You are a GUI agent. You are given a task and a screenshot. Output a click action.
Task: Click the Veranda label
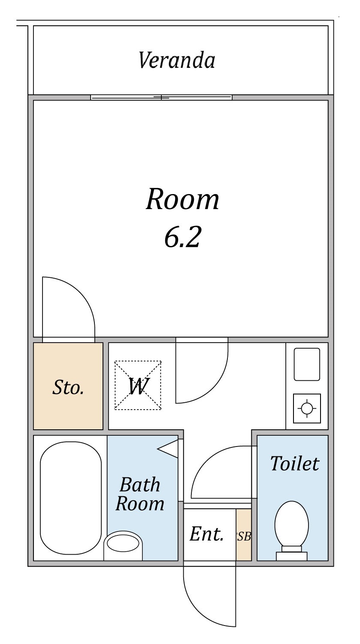177,60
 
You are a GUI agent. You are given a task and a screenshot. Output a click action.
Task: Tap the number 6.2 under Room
182,237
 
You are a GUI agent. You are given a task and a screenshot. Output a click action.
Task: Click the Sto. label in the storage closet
68,387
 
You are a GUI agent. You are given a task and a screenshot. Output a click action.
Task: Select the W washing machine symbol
138,385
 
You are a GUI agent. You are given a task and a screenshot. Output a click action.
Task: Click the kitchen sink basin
307,364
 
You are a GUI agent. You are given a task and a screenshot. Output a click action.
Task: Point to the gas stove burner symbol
307,408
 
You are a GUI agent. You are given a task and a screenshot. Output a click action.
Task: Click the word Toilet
295,463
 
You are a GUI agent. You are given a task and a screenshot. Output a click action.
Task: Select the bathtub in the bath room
71,498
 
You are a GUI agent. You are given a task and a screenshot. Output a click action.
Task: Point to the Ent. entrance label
206,534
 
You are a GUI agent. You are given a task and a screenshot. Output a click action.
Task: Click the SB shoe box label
244,536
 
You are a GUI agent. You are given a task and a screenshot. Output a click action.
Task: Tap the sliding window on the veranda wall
161,97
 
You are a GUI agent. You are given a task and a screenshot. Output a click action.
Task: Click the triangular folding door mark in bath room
168,449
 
